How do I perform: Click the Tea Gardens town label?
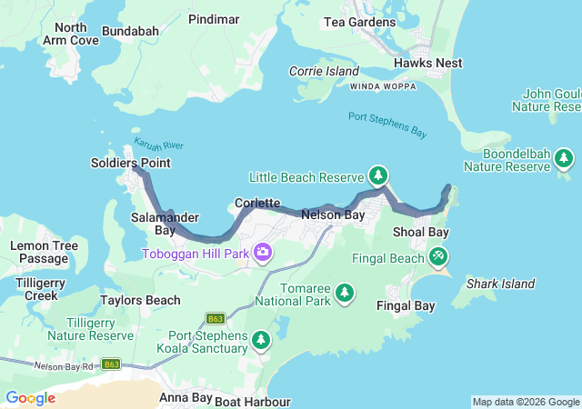click(x=361, y=22)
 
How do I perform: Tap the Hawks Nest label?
click(x=427, y=63)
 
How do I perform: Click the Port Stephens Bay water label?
click(x=387, y=125)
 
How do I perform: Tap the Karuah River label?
click(x=158, y=145)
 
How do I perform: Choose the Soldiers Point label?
click(x=130, y=163)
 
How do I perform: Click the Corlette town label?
click(x=257, y=203)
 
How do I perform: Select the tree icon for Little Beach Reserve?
click(x=377, y=175)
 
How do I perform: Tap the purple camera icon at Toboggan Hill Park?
click(x=263, y=252)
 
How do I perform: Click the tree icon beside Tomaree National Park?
click(x=345, y=292)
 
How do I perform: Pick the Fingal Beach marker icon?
click(x=439, y=257)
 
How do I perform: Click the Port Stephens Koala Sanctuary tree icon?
click(x=261, y=340)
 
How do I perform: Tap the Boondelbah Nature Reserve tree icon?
click(x=564, y=160)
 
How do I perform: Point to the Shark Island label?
click(x=500, y=284)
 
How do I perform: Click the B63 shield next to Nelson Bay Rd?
click(x=111, y=364)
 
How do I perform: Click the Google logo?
click(x=30, y=398)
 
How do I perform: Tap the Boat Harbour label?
click(x=253, y=402)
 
